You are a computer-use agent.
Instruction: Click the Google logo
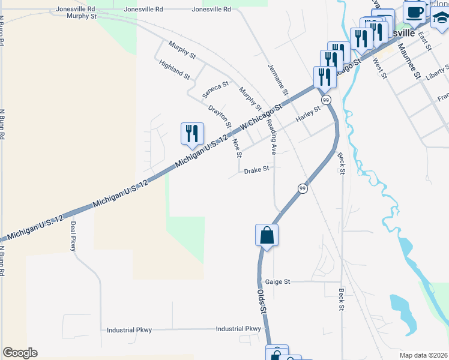[x=20, y=353]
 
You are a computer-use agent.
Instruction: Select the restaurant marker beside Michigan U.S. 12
[x=192, y=134]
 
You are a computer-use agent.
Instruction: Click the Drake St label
[x=256, y=171]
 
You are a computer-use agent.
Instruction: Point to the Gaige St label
[x=277, y=281]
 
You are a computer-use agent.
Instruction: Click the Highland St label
[x=175, y=70]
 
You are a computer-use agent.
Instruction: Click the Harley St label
[x=309, y=113]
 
